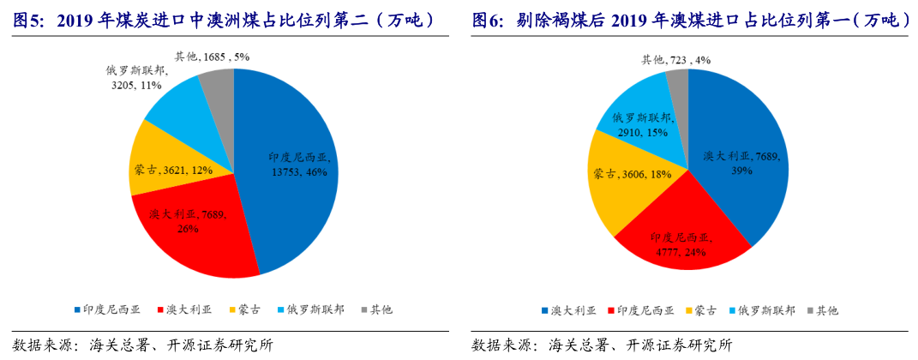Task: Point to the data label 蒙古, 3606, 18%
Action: pos(632,174)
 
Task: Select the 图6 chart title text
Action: pos(691,18)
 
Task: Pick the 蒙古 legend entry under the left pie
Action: pos(243,309)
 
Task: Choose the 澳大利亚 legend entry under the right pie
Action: pos(569,309)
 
